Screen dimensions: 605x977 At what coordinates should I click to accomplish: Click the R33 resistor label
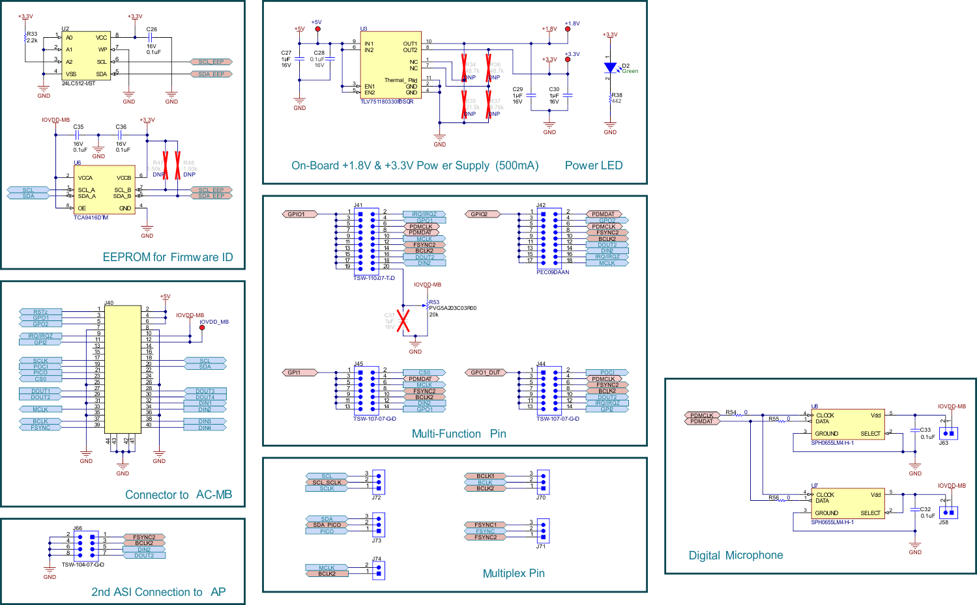point(32,34)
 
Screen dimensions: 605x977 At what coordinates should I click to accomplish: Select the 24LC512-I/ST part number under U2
point(78,83)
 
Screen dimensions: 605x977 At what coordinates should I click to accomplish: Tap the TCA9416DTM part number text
point(91,218)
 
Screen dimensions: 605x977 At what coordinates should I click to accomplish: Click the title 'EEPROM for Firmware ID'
point(168,257)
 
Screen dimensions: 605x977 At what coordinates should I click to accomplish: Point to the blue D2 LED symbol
point(610,68)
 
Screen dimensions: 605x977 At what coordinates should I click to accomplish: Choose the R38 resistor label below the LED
point(617,95)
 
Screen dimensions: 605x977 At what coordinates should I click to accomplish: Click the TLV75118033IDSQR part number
point(386,102)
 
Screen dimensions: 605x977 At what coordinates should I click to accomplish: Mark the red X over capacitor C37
point(403,320)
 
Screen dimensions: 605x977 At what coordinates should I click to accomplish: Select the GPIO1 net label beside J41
point(297,214)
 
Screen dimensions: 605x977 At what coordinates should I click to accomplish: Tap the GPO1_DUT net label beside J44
point(486,373)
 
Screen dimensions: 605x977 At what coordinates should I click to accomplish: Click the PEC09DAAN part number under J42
point(553,272)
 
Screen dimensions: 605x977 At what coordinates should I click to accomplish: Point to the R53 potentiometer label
point(434,302)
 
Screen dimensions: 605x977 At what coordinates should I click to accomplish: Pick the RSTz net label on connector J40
point(40,312)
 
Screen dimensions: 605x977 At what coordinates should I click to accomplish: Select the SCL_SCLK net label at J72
point(327,483)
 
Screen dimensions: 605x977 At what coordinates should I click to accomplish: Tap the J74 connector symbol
point(378,570)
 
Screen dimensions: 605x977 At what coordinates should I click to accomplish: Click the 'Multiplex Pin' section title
point(514,573)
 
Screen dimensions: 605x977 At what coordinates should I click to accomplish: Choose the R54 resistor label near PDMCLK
point(731,412)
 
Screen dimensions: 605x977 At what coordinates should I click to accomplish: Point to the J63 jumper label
point(943,443)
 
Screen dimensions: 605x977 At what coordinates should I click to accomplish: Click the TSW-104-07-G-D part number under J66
point(83,565)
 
